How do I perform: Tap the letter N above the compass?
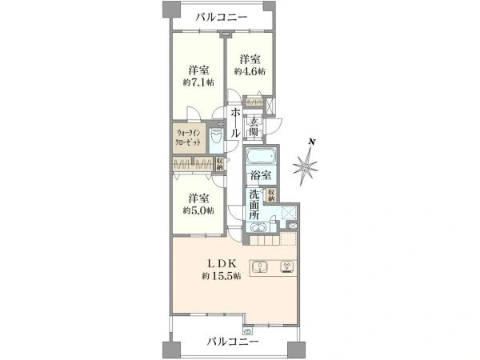pyautogui.click(x=313, y=142)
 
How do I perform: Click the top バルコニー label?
pyautogui.click(x=222, y=18)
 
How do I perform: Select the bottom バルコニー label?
pyautogui.click(x=232, y=342)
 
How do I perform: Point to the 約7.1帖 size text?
pyautogui.click(x=198, y=81)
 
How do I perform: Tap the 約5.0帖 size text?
pyautogui.click(x=199, y=210)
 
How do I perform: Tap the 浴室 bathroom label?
pyautogui.click(x=260, y=175)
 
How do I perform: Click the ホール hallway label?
pyautogui.click(x=236, y=124)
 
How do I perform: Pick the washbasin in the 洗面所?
pyautogui.click(x=258, y=229)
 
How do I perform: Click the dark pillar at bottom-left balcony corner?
pyautogui.click(x=167, y=350)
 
